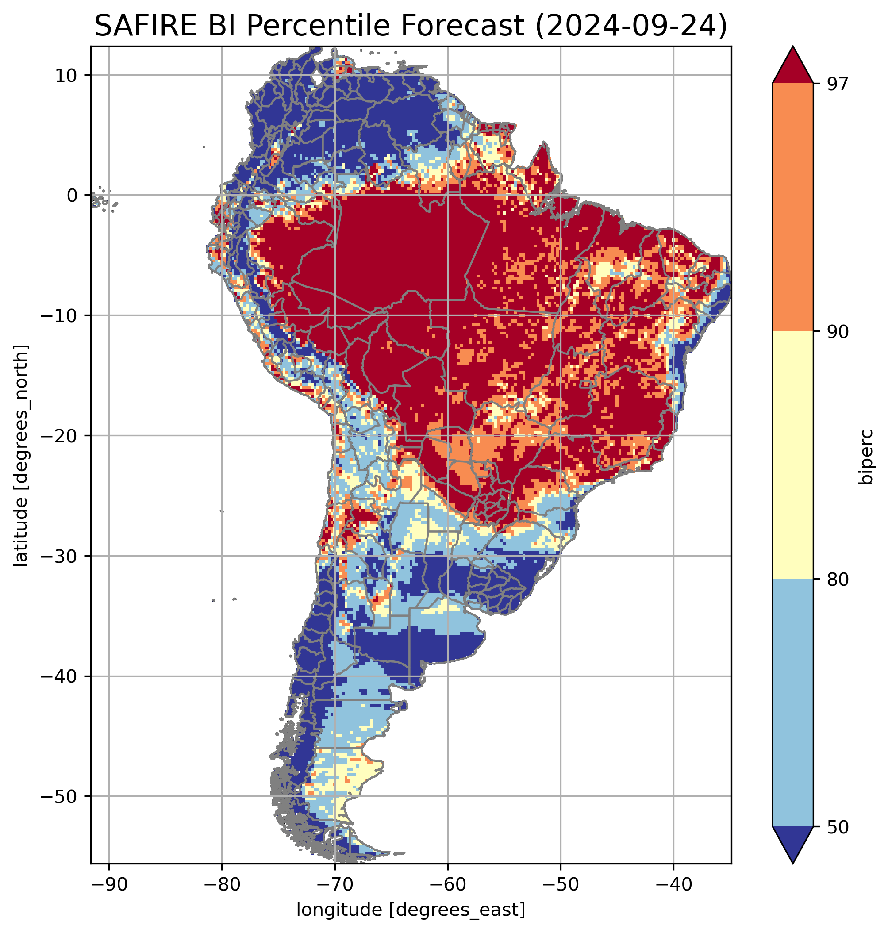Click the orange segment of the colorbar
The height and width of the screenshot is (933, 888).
[x=792, y=207]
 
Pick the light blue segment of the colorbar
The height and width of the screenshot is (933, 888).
[x=792, y=703]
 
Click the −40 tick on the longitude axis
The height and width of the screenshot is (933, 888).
[x=673, y=885]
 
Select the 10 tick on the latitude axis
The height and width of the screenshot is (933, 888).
[x=66, y=75]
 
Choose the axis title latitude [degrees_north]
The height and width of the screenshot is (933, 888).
[x=21, y=455]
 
